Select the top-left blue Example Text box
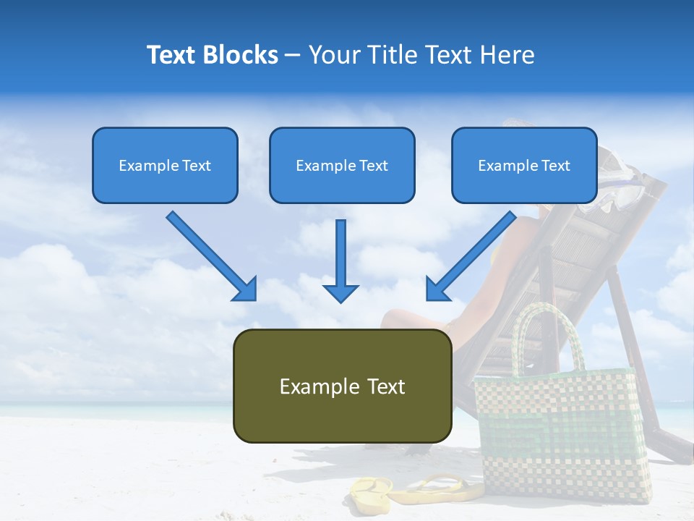[x=165, y=165]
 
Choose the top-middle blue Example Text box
[x=342, y=165]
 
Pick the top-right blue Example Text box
[x=524, y=165]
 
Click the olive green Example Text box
[x=342, y=386]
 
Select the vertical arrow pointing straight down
[x=340, y=260]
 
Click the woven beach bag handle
[x=549, y=326]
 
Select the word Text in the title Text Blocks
[x=173, y=55]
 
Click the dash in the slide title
[x=293, y=55]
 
